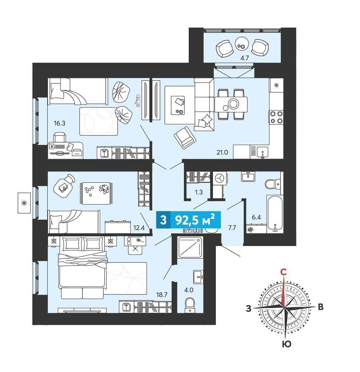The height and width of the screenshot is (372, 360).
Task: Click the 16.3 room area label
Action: coord(59,123)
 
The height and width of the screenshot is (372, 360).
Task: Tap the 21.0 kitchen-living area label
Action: coord(222,152)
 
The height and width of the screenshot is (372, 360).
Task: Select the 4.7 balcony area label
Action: coord(244,58)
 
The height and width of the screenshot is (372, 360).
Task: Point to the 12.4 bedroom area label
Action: coord(139,228)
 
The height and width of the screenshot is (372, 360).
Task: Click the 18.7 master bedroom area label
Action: coord(162,295)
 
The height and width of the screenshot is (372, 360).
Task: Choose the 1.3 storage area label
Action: coord(199,192)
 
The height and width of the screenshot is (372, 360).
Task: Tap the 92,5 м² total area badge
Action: coord(188,220)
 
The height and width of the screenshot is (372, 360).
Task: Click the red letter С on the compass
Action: coord(283,272)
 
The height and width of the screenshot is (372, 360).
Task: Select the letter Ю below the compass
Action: coord(287,344)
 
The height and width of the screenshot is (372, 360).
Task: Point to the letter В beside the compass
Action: coord(320,307)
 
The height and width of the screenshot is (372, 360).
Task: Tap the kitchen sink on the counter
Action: coord(263,152)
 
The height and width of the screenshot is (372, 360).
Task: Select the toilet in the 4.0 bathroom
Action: coord(189,305)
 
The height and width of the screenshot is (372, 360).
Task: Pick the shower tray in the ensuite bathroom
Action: coord(190,247)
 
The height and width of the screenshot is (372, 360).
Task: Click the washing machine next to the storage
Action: coord(220,178)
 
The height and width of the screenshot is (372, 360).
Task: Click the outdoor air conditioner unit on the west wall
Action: coord(24,203)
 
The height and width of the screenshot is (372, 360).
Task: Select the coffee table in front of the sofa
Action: coord(179,105)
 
